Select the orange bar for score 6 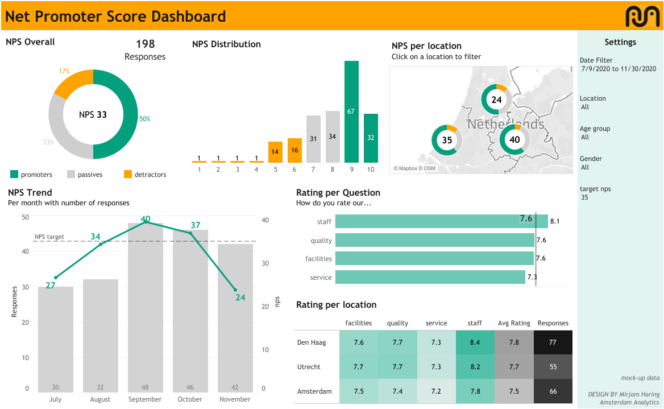coord(294,151)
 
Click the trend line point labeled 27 coord(55,278)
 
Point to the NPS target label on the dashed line coord(49,237)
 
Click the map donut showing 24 coord(497,100)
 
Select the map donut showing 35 coord(447,140)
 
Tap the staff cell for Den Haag coord(475,342)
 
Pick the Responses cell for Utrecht coord(553,367)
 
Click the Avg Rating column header coord(513,323)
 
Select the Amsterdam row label coord(314,391)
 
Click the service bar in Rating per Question coord(430,277)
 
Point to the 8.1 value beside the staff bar coord(555,221)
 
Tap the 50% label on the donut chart coord(145,119)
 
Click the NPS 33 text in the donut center coord(93,115)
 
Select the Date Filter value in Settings coord(619,69)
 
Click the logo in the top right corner coord(642,16)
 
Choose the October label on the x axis coord(190,399)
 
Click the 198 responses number coord(145,44)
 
